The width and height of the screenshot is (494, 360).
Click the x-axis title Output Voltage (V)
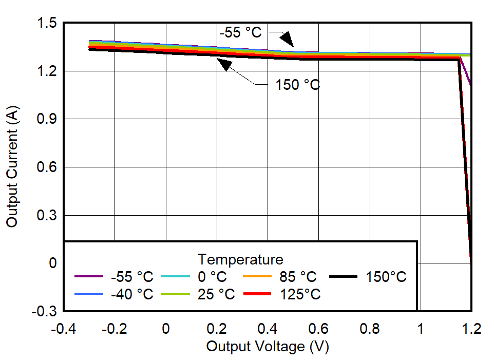pyautogui.click(x=267, y=347)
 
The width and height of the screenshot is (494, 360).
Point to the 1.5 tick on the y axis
pyautogui.click(x=46, y=23)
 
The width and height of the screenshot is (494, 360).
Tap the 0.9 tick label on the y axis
pyautogui.click(x=46, y=119)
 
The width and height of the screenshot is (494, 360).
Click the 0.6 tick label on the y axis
pyautogui.click(x=46, y=167)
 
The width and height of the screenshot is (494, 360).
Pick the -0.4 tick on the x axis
pyautogui.click(x=64, y=329)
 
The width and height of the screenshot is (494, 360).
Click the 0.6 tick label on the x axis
pyautogui.click(x=318, y=329)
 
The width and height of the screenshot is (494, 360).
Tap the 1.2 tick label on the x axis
pyautogui.click(x=471, y=329)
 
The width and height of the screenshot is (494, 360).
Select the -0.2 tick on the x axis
pyautogui.click(x=115, y=329)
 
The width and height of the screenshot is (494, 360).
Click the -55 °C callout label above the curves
pyautogui.click(x=240, y=32)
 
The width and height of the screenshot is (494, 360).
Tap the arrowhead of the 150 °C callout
pyautogui.click(x=224, y=65)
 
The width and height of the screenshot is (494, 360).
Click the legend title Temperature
pyautogui.click(x=240, y=259)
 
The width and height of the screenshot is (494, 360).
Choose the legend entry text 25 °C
pyautogui.click(x=216, y=294)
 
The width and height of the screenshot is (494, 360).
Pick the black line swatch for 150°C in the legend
pyautogui.click(x=343, y=277)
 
